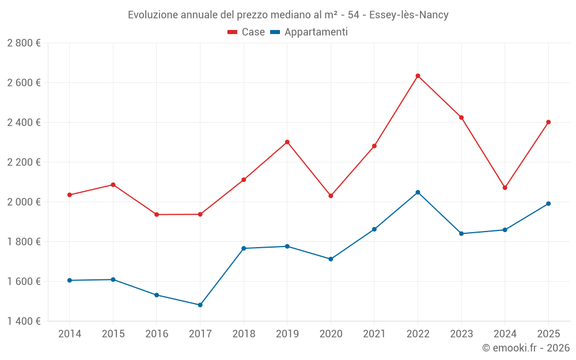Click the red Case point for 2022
(418, 75)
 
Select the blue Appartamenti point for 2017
(200, 305)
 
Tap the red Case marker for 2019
(287, 142)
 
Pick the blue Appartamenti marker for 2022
(418, 192)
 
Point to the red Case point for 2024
(505, 188)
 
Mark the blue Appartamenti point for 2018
(244, 248)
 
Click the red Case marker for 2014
(70, 195)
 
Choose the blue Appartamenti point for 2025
(548, 203)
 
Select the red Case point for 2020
(331, 196)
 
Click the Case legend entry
(247, 32)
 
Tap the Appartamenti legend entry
(309, 32)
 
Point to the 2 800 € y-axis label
(24, 43)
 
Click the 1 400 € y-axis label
(24, 321)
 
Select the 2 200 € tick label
(24, 162)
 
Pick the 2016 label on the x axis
(157, 334)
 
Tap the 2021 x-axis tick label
(374, 334)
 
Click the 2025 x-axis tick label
(548, 334)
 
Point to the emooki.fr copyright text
(526, 348)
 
